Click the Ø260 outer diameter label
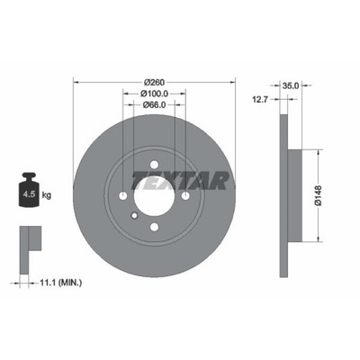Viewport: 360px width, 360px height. point(154,82)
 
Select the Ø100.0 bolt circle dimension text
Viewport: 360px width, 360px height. point(154,94)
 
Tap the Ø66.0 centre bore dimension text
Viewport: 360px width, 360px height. point(154,104)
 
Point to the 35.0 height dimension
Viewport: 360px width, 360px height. point(291,85)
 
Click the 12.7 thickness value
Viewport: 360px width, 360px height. point(259,99)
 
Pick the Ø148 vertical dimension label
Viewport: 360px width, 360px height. point(318,195)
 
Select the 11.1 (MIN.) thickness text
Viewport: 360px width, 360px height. point(61,283)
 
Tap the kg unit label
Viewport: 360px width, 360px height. point(47,195)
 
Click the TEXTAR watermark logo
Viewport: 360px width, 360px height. point(180,181)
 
